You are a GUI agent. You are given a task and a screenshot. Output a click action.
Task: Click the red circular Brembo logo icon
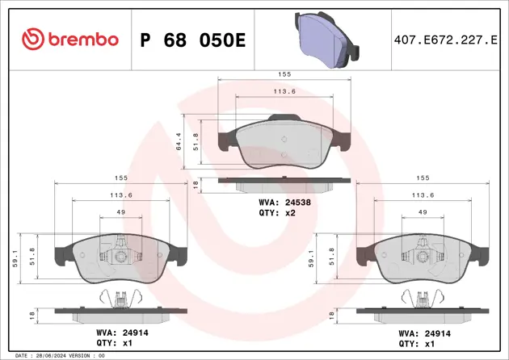tap(32, 39)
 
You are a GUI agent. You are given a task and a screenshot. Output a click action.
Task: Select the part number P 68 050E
tap(193, 40)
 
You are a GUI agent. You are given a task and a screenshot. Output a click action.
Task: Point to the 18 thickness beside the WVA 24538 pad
tap(196, 185)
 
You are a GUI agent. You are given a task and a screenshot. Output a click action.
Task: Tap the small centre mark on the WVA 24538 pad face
tap(284, 140)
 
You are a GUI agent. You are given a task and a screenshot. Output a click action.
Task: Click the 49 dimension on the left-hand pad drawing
tap(120, 212)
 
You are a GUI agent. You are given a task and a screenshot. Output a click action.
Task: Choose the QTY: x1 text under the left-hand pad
tap(115, 342)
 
